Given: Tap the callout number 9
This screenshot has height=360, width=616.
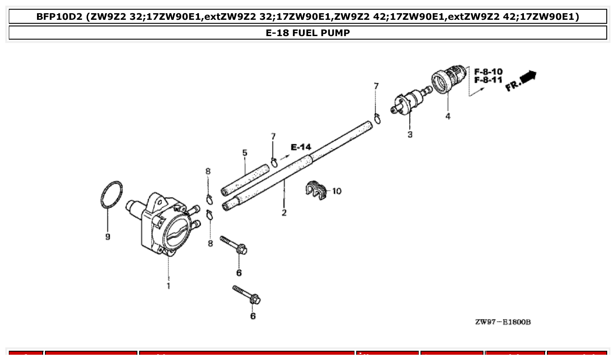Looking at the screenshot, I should point(108,237).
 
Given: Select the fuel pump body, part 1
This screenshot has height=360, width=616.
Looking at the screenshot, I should point(163,224).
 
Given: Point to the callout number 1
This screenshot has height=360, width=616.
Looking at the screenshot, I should point(168,286).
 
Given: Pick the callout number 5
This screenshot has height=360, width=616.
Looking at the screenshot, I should point(245,153).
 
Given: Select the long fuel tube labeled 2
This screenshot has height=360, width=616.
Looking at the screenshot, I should point(299,165).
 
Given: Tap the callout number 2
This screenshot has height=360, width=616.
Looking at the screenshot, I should point(284,213).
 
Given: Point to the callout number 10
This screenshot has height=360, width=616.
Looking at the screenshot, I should point(336,191).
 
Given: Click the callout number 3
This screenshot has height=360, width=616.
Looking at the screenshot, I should point(410,135).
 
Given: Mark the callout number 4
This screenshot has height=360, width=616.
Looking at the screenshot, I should point(448,117).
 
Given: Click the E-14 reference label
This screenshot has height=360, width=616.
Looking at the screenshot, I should point(301,147).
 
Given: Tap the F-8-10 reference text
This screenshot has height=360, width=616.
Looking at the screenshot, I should point(488,72).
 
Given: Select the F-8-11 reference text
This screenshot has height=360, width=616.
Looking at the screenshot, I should point(488,80).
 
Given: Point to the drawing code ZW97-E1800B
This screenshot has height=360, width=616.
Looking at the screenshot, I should point(503,322).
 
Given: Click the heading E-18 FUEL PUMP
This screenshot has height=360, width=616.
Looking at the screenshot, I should point(308,33).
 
